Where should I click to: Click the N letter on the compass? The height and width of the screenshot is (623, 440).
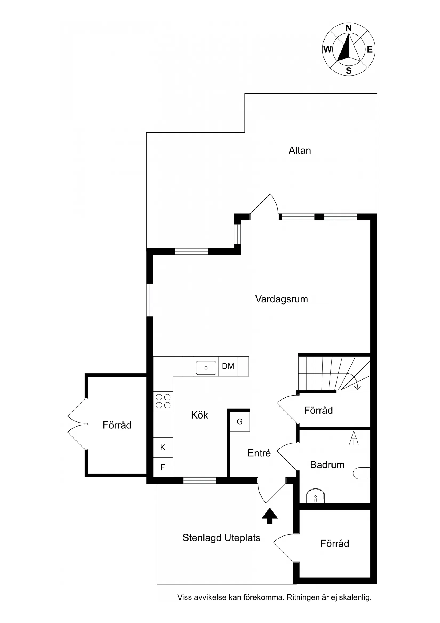pyautogui.click(x=349, y=28)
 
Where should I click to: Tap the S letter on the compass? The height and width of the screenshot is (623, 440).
pyautogui.click(x=349, y=71)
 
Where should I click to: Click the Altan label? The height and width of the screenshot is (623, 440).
pyautogui.click(x=299, y=150)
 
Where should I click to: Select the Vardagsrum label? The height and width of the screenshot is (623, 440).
pyautogui.click(x=281, y=299)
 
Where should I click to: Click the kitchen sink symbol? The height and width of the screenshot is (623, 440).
pyautogui.click(x=206, y=368)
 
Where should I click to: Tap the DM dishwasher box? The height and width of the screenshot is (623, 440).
pyautogui.click(x=228, y=366)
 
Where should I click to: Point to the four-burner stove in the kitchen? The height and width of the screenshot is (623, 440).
pyautogui.click(x=163, y=401)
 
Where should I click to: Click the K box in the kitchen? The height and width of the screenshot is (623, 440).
pyautogui.click(x=163, y=447)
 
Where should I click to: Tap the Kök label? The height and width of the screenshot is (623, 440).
pyautogui.click(x=199, y=415)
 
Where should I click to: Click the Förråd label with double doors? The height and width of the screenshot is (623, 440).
pyautogui.click(x=117, y=425)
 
